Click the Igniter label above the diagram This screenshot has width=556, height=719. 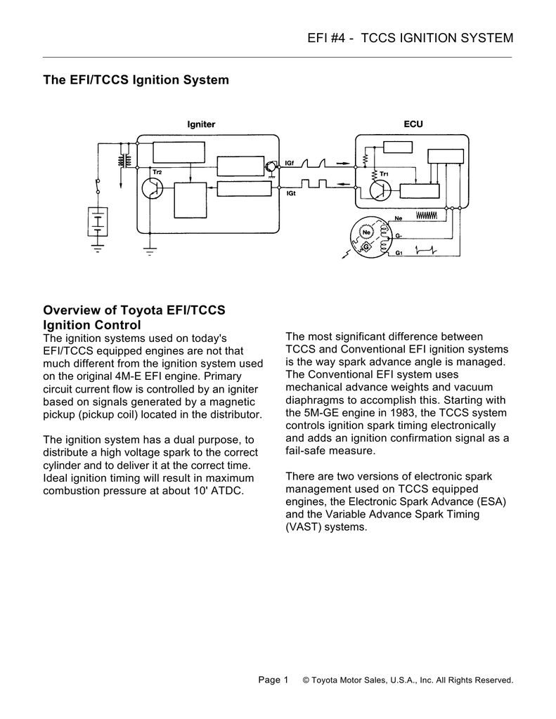[200, 124]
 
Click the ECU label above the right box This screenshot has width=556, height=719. [413, 124]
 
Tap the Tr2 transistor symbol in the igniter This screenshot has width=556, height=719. [151, 188]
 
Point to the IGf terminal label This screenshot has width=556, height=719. [290, 164]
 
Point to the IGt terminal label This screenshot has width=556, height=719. [290, 193]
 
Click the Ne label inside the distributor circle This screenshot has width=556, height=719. [366, 232]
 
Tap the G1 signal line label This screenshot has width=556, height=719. [399, 252]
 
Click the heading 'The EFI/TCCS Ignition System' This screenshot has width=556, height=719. [136, 80]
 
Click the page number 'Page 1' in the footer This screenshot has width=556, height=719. [273, 680]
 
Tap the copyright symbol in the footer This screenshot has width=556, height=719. [306, 680]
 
